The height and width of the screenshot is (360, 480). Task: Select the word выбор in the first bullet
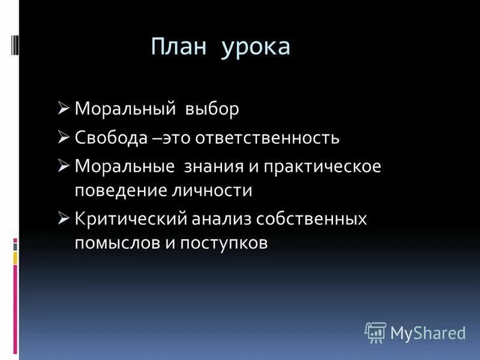tap(213, 110)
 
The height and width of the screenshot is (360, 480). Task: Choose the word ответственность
tap(274, 138)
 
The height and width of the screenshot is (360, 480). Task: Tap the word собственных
tap(311, 219)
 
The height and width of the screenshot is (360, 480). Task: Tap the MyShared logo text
tap(427, 332)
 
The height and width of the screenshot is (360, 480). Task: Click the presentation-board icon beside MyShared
tap(375, 332)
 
